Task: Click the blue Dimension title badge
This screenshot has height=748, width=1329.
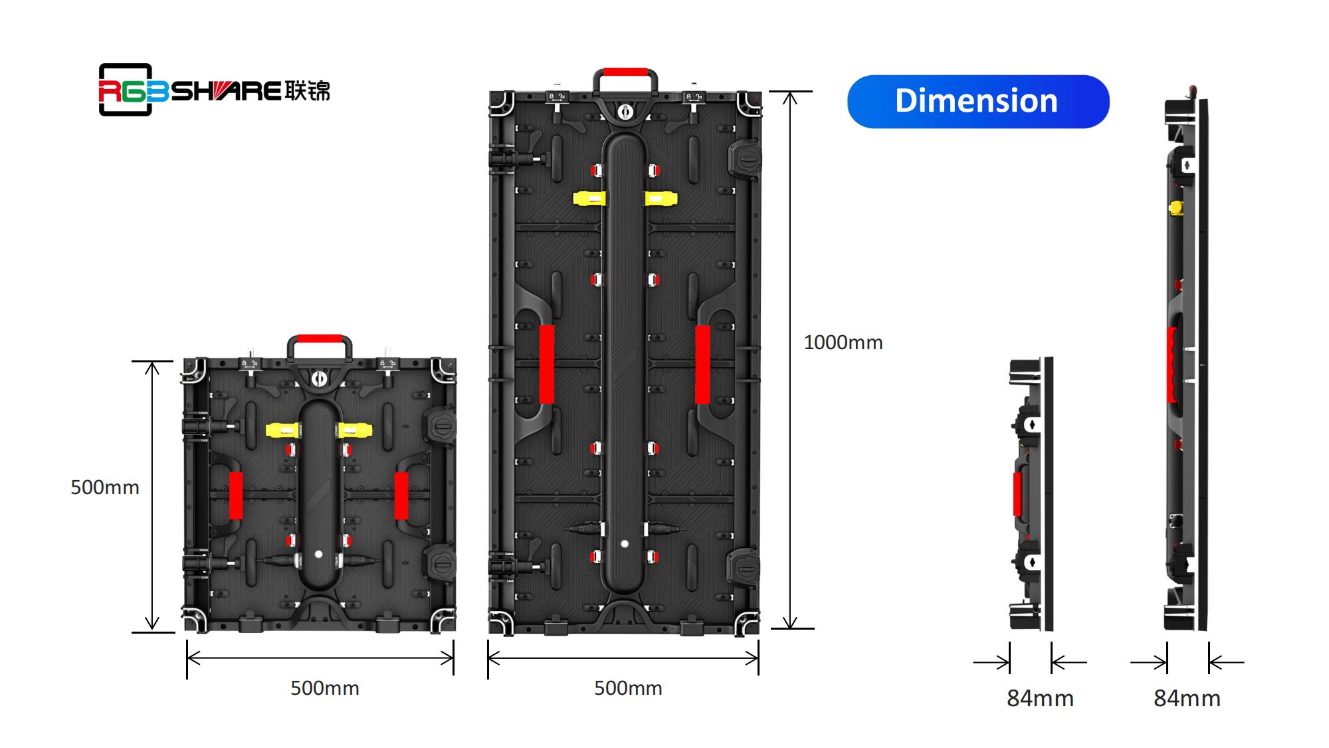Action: pos(978,101)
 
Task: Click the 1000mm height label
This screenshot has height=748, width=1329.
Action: pos(843,342)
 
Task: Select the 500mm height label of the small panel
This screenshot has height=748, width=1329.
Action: pos(105,487)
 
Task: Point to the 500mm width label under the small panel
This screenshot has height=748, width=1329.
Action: pos(325,688)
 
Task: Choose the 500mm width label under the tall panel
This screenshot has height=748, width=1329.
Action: pos(628,688)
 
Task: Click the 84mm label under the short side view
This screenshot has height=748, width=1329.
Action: pos(1040,698)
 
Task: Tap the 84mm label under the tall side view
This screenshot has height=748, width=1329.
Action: pos(1187,698)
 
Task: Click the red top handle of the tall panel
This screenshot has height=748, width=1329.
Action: pos(625,72)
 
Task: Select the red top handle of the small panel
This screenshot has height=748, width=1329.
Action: pos(319,338)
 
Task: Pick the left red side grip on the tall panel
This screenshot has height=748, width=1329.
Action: pos(547,364)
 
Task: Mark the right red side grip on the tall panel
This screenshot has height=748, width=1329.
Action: pos(702,364)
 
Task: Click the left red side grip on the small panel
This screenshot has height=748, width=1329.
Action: pos(236,495)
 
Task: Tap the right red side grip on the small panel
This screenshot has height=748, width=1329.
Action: pos(401,495)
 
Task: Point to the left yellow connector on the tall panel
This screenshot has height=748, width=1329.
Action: pos(589,198)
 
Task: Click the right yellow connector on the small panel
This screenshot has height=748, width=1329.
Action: pos(355,430)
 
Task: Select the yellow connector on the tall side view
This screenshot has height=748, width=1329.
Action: pos(1176,208)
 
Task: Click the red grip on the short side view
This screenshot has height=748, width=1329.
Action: pos(1017,494)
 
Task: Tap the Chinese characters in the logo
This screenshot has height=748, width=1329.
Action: pos(307,90)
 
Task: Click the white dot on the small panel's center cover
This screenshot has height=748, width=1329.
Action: pos(318,554)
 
